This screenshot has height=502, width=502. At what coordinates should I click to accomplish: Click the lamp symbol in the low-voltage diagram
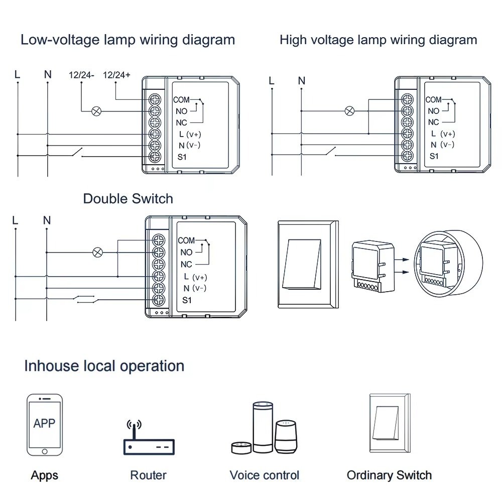(x=95, y=111)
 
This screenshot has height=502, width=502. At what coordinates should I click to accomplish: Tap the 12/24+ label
(x=116, y=75)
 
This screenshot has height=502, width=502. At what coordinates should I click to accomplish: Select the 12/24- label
(x=81, y=75)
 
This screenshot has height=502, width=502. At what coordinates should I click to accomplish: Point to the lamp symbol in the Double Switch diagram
(x=98, y=253)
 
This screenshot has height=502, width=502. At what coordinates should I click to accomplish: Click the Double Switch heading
(x=128, y=199)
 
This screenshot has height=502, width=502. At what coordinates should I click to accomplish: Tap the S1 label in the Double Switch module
(x=187, y=300)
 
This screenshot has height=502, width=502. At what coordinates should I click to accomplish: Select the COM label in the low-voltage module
(x=181, y=100)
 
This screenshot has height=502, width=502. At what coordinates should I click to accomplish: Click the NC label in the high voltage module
(x=433, y=122)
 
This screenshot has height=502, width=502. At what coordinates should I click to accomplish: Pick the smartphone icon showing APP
(x=45, y=424)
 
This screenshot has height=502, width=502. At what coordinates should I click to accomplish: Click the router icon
(x=149, y=439)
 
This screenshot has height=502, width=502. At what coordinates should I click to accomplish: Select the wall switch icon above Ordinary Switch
(x=389, y=425)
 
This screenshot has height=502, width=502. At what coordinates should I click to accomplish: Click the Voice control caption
(x=264, y=475)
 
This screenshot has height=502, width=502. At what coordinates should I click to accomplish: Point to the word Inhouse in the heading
(x=50, y=366)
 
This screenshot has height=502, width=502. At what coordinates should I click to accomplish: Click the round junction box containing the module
(x=448, y=264)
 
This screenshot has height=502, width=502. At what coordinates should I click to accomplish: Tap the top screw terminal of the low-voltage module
(x=155, y=99)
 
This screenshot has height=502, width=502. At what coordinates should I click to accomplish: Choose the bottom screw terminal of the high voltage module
(x=408, y=156)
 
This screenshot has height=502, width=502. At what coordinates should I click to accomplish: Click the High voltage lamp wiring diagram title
(x=378, y=40)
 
